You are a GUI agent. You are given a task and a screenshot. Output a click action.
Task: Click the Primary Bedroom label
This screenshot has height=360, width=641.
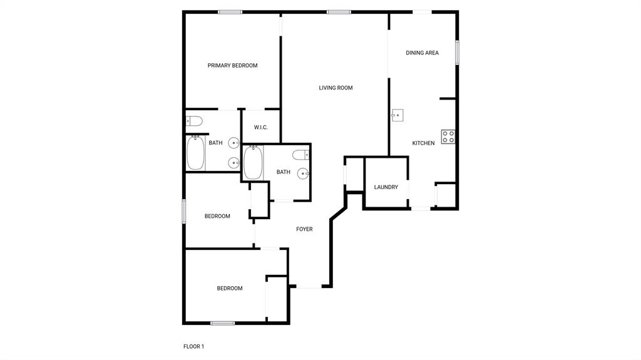232,66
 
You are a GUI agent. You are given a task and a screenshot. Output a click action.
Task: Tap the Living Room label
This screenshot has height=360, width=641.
336,88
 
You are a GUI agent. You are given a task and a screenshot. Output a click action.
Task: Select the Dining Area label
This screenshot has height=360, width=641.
422,53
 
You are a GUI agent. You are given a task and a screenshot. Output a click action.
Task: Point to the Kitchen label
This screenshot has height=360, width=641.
423,143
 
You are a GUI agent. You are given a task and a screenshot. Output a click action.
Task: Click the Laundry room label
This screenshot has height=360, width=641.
386,187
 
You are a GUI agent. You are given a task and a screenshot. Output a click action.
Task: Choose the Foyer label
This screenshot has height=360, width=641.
304,229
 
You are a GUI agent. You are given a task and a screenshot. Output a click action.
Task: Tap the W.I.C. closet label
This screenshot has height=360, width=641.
261,128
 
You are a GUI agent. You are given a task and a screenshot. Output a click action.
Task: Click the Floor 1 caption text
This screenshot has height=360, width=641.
193,346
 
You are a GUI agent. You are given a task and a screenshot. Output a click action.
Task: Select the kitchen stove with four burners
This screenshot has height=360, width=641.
448,136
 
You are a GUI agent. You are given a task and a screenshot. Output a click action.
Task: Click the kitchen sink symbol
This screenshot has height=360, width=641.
397,115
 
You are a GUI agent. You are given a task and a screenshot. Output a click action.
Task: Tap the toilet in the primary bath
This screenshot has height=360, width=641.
194,121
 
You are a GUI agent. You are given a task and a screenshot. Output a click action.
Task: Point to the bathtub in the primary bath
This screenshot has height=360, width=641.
196,153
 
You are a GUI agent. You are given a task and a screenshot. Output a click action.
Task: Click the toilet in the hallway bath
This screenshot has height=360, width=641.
300,155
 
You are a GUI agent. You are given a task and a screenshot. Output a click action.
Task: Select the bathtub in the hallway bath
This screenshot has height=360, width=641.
253,162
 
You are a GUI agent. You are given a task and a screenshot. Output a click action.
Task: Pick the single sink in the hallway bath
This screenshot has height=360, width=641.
304,173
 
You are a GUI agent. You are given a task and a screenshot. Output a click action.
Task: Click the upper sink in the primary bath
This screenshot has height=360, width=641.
234,143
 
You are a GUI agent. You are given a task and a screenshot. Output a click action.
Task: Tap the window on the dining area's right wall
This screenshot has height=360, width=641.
457,53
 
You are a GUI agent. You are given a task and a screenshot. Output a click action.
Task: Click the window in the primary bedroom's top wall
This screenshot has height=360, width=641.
230,11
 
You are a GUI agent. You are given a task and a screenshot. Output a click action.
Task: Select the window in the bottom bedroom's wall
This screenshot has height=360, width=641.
222,323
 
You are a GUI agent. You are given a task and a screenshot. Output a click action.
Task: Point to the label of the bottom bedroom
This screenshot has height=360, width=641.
230,289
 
